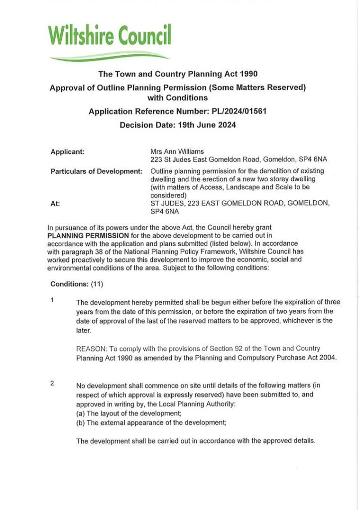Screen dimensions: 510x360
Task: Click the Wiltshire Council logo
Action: click(110, 36)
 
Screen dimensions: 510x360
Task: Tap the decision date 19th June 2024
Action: click(207, 125)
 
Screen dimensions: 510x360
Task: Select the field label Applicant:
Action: click(67, 151)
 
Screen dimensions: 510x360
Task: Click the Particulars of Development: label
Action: click(97, 171)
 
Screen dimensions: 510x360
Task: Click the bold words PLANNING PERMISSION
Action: click(88, 235)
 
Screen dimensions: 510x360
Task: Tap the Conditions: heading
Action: click(69, 284)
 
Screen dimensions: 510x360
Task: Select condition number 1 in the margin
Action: click(52, 300)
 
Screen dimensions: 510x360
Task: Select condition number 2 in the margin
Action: click(52, 383)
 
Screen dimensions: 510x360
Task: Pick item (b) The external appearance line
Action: click(151, 422)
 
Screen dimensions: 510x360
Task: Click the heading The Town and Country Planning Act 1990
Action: click(178, 74)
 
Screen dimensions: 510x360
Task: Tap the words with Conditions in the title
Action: click(178, 98)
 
